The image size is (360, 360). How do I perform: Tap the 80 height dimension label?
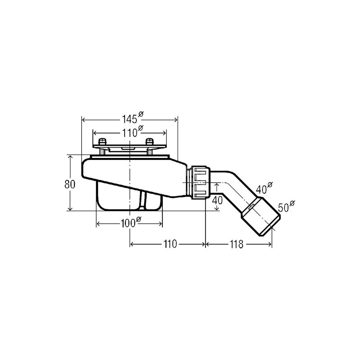coord(70,184)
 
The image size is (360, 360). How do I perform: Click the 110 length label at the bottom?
coord(170,244)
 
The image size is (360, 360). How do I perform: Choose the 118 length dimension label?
coord(237,244)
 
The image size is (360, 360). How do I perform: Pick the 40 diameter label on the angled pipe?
coord(264,188)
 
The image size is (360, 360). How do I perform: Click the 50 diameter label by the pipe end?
coord(286,206)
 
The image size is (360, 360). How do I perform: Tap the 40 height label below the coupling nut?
coord(217,201)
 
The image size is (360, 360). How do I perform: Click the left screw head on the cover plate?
coord(103,141)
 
